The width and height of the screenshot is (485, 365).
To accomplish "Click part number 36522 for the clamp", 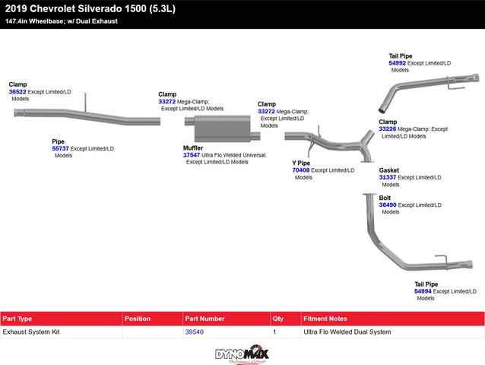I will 17,91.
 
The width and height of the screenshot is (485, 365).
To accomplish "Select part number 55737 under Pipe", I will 60,148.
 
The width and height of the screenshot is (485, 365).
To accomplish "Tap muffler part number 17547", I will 192,154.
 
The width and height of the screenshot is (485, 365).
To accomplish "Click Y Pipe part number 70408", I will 301,170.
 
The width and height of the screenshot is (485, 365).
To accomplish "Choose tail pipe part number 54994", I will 423,290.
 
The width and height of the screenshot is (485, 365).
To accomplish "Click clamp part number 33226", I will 388,129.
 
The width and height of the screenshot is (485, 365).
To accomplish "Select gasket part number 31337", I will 388,177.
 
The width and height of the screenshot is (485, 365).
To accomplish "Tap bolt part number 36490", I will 388,205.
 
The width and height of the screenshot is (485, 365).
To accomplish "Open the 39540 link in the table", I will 194,332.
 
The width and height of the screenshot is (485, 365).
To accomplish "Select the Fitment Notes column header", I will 325,319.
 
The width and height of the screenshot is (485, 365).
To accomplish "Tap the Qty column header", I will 277,319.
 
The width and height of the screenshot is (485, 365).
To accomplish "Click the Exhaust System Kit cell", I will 31,332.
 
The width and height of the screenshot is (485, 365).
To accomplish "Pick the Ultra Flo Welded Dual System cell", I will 347,332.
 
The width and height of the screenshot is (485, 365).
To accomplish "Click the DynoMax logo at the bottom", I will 242,354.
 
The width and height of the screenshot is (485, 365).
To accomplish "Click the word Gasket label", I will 389,170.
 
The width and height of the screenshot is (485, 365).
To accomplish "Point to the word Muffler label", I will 193,148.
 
